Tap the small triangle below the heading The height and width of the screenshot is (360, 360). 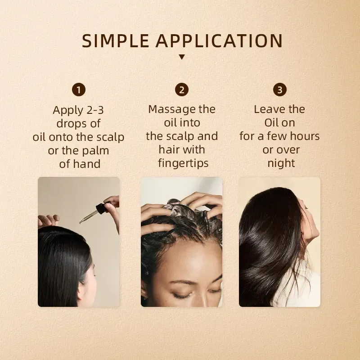(x=182, y=57)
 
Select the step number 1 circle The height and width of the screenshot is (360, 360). (x=79, y=90)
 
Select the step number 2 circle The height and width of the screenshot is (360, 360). (x=182, y=90)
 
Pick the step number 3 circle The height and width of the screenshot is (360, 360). (x=279, y=90)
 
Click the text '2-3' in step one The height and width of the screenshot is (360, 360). (x=94, y=110)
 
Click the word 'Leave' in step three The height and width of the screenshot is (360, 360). (x=268, y=109)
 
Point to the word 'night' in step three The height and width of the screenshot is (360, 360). (x=281, y=163)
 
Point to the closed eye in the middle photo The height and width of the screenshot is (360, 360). (x=184, y=294)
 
